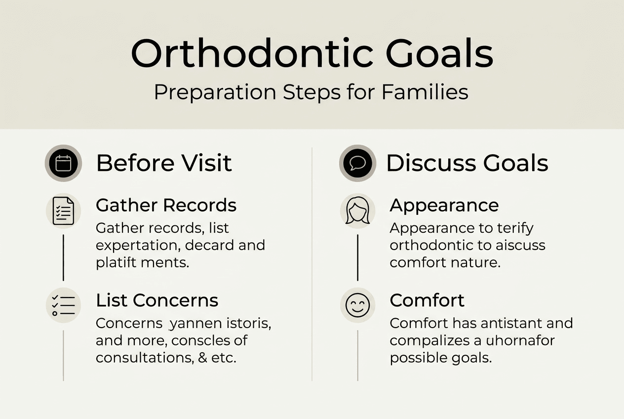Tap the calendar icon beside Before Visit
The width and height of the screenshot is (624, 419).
click(63, 163)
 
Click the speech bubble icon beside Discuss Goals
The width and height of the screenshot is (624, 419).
click(357, 163)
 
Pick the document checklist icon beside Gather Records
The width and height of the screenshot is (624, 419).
click(63, 211)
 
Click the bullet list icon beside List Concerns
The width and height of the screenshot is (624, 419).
click(63, 306)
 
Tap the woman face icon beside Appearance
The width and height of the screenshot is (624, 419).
click(357, 211)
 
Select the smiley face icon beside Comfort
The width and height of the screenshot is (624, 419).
click(357, 306)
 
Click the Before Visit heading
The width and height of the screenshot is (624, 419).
click(164, 163)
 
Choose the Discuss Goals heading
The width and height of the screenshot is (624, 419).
click(467, 163)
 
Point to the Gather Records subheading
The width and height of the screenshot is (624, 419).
click(166, 205)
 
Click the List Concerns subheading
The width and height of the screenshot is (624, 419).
click(157, 300)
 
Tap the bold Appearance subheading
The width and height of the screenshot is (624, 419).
click(444, 205)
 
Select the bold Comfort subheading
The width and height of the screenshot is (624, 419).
click(427, 300)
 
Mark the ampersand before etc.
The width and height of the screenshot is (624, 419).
click(203, 357)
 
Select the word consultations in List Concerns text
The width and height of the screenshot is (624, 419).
click(143, 357)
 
